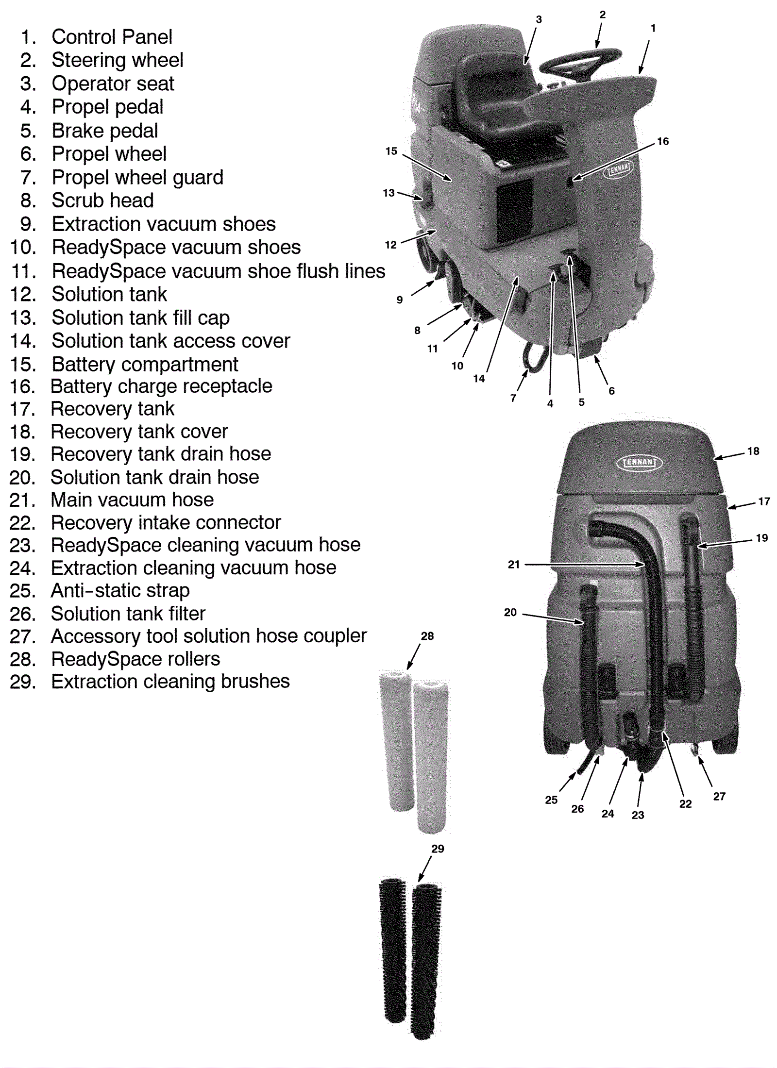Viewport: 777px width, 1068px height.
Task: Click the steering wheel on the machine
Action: point(581,61)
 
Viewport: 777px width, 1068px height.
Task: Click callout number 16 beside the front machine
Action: point(662,141)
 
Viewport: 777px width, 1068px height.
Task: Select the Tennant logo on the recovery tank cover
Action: point(639,462)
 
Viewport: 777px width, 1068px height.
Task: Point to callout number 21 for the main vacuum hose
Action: point(514,564)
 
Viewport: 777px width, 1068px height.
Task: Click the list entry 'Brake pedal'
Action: point(104,131)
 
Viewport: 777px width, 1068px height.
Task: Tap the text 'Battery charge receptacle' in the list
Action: point(161,386)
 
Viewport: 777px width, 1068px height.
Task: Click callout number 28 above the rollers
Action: point(427,636)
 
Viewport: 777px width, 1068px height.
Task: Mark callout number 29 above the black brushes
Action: point(438,849)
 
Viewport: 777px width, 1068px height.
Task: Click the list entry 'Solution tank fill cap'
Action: point(140,318)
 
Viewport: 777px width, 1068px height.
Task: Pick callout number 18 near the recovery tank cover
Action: point(753,451)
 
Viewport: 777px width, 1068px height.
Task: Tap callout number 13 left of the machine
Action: point(388,193)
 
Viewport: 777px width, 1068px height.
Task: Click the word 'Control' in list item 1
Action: point(84,37)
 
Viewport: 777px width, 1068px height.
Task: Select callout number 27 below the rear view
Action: point(719,796)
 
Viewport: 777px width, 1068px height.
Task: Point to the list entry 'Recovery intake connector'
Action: point(166,523)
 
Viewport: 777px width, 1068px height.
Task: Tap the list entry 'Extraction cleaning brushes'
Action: point(170,682)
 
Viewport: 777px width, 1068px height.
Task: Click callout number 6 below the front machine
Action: point(611,391)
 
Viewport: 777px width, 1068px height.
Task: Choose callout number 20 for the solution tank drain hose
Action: point(510,612)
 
